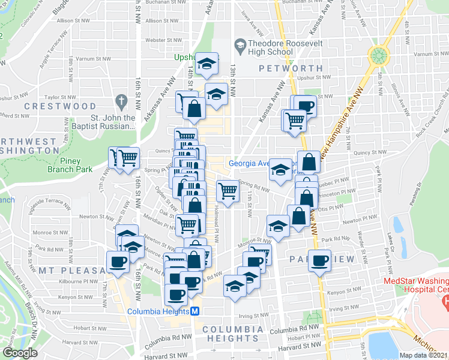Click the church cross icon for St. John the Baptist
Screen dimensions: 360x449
(121, 100)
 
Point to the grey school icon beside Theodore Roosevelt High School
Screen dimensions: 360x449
(240, 44)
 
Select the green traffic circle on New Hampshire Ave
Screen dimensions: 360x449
(379, 56)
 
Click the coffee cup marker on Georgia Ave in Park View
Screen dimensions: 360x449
(321, 260)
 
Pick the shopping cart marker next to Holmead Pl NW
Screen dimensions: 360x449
(227, 191)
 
